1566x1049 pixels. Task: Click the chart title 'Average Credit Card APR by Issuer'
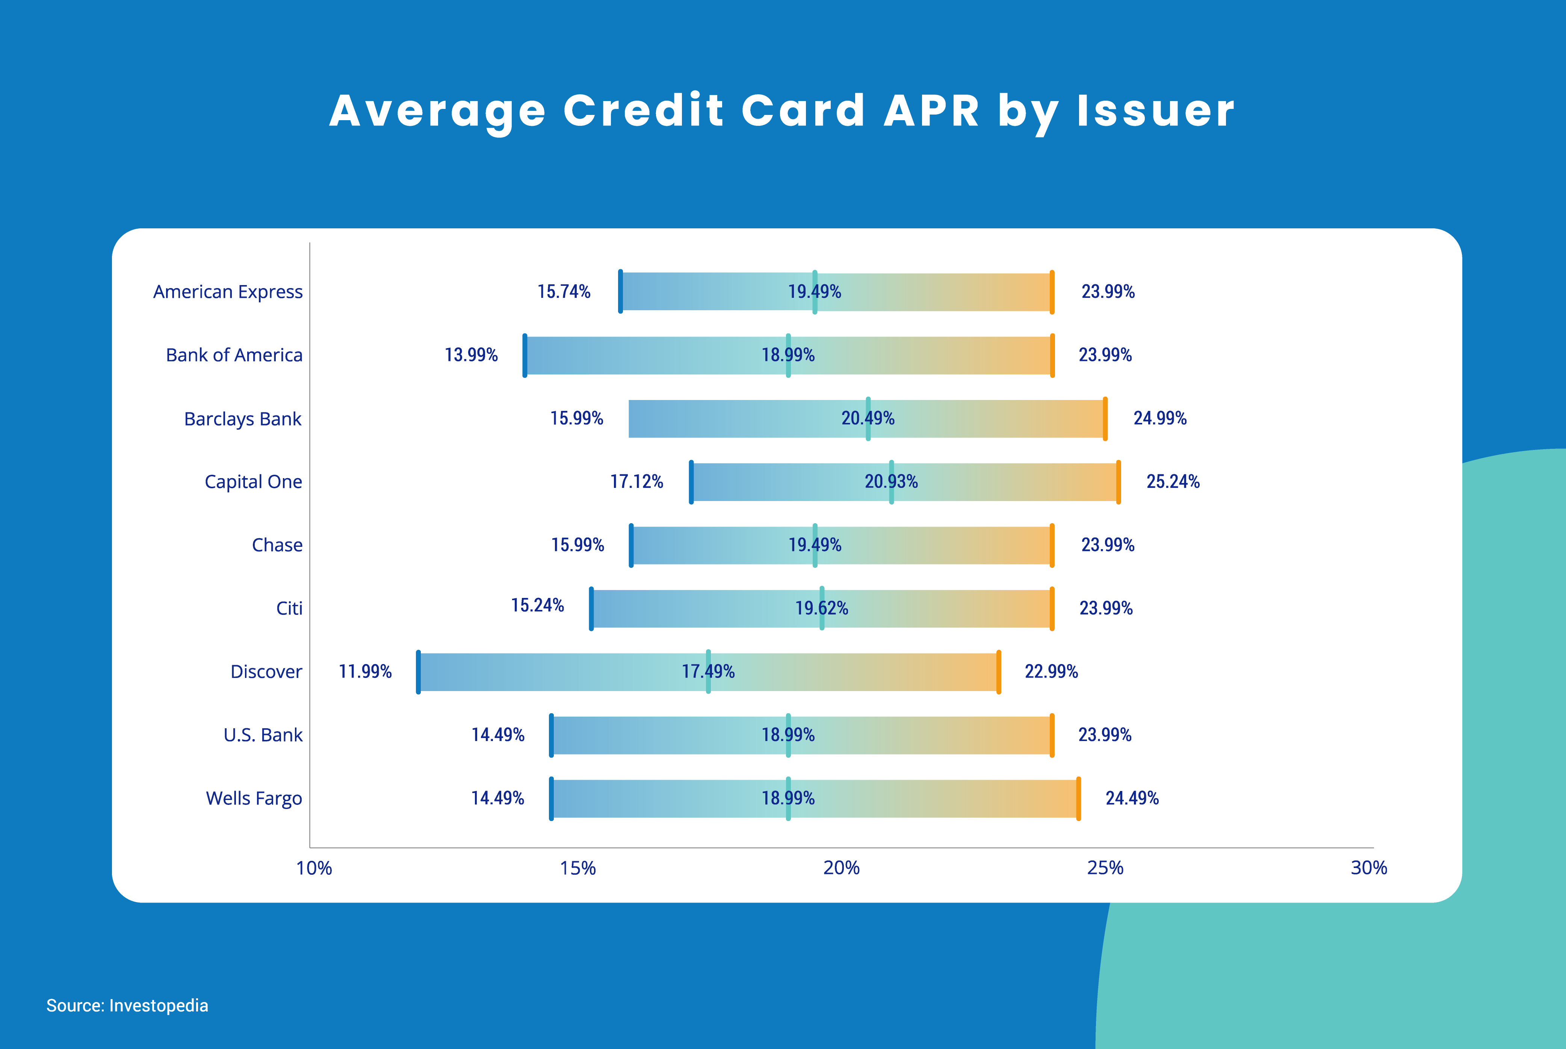point(781,111)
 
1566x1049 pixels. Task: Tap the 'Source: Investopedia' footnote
point(127,1005)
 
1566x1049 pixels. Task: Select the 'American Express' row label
point(228,292)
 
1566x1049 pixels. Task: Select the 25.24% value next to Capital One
point(1173,481)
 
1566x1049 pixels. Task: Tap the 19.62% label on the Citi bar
point(821,608)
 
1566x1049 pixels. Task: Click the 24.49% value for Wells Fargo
point(1132,798)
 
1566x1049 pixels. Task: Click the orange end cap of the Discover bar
point(999,672)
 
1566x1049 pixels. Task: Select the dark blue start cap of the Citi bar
point(591,608)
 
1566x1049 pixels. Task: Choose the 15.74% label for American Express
point(564,292)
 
